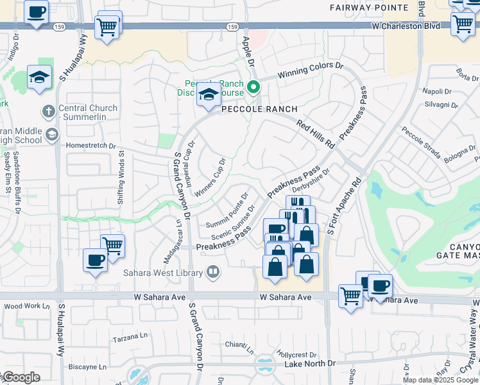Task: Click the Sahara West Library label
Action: (x=163, y=272)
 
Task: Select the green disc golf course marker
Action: (x=254, y=88)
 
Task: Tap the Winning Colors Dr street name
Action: (x=311, y=71)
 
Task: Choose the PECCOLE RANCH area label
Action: (x=257, y=110)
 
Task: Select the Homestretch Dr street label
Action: (x=91, y=145)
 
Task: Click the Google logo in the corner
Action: (x=21, y=377)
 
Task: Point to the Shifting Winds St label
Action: (x=121, y=177)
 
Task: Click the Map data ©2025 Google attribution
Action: (x=440, y=380)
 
